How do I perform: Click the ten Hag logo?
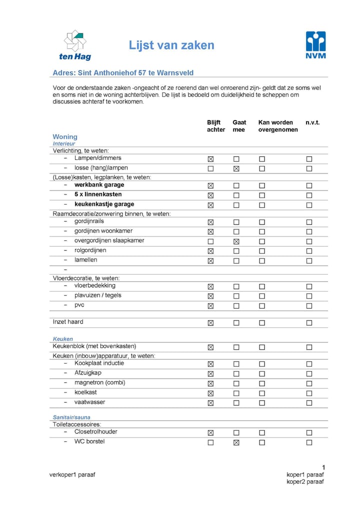(x=75, y=45)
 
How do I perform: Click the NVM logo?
(x=315, y=45)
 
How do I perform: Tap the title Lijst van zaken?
(x=171, y=45)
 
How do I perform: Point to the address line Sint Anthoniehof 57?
(x=123, y=73)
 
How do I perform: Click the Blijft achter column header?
(x=216, y=126)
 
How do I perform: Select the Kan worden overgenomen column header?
(x=277, y=126)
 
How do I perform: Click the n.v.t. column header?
(x=312, y=122)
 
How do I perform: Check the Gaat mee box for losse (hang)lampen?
(x=236, y=168)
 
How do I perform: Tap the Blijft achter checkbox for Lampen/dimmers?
(x=210, y=159)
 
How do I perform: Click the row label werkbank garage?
(x=99, y=185)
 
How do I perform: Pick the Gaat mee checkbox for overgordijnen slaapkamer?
(x=236, y=241)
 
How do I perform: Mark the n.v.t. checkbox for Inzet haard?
(x=309, y=323)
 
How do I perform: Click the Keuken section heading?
(x=63, y=338)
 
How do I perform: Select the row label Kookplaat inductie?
(x=99, y=363)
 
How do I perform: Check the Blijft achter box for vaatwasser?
(x=210, y=403)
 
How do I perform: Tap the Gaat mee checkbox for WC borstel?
(x=236, y=442)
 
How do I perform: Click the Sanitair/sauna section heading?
(x=71, y=417)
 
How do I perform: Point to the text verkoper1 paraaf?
(x=72, y=474)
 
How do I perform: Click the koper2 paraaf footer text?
(x=305, y=481)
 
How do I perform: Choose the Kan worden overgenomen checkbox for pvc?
(x=261, y=306)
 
